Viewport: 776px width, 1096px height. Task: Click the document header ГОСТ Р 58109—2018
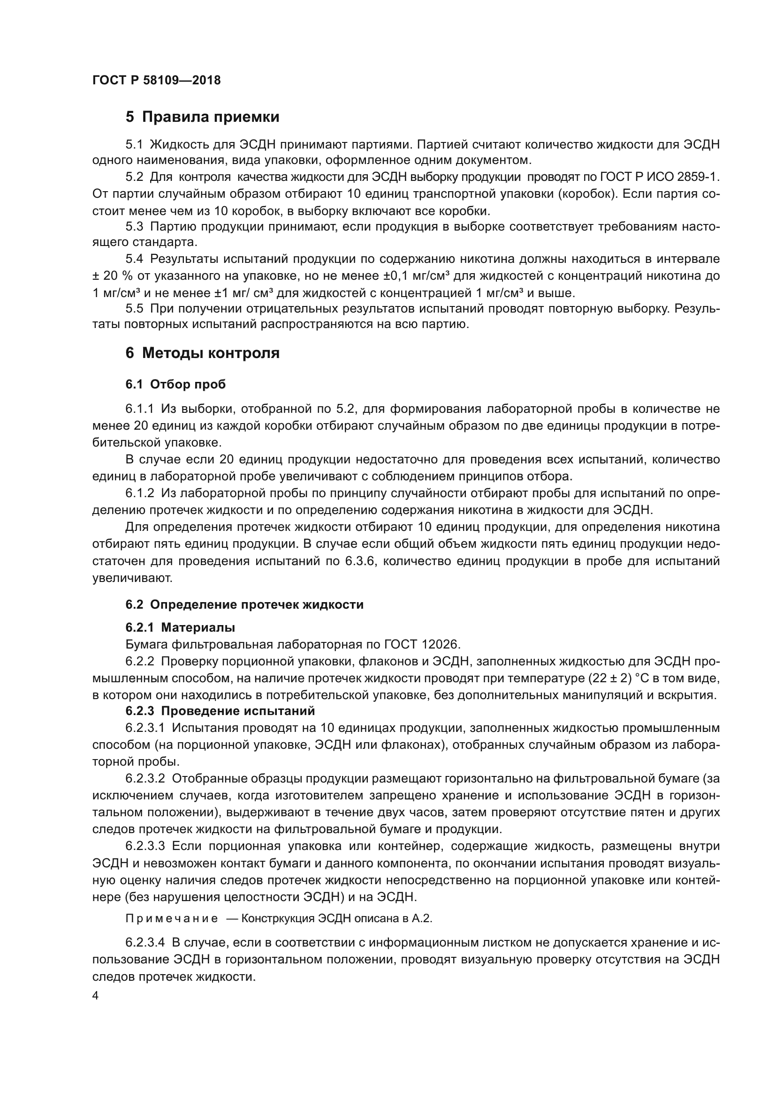156,80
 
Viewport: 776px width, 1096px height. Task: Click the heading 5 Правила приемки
202,117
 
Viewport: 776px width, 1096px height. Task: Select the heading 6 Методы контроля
202,353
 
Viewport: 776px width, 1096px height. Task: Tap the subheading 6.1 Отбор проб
175,384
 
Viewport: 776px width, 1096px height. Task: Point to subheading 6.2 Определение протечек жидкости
244,604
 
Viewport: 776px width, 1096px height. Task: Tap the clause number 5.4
134,259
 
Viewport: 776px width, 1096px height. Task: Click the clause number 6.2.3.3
145,846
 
